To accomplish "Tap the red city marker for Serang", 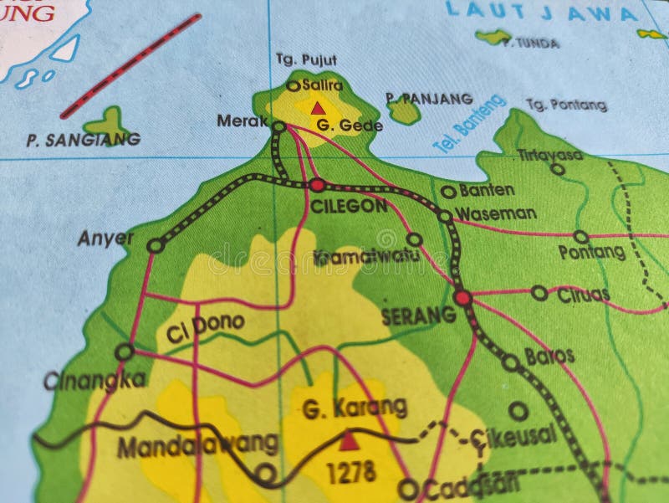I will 462,297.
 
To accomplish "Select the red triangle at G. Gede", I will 318,108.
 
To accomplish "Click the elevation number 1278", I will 350,473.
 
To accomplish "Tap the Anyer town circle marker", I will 155,245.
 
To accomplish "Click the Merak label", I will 242,121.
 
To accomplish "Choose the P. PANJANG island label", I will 429,98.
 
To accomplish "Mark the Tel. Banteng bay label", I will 469,123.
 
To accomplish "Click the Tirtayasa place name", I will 549,154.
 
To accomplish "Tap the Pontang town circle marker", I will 580,237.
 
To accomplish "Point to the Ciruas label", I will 583,294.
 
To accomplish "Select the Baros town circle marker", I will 510,362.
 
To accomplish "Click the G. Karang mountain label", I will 355,408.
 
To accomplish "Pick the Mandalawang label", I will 197,443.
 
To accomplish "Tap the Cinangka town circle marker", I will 124,352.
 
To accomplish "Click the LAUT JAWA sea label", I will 541,12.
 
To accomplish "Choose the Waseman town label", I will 496,213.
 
